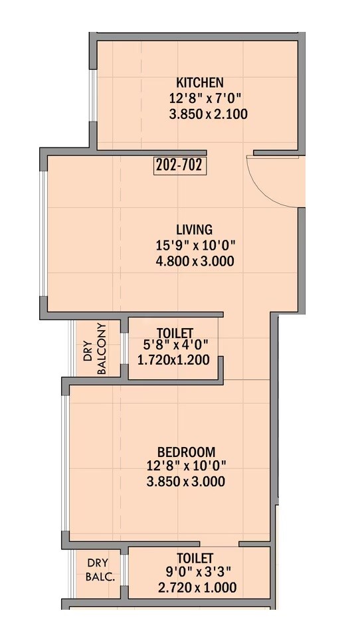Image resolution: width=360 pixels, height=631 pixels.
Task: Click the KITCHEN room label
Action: point(199,83)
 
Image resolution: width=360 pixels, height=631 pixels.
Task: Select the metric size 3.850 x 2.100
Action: point(209,114)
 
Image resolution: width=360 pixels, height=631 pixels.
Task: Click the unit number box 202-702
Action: point(179,165)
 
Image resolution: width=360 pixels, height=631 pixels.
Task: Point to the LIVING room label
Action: point(194,230)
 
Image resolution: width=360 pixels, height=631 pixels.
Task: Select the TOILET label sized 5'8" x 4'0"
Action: point(175,332)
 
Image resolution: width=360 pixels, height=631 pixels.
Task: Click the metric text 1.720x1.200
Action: point(173,360)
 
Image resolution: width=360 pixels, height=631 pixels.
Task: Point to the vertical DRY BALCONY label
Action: point(96,349)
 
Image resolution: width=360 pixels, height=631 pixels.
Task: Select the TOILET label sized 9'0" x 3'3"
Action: point(195,558)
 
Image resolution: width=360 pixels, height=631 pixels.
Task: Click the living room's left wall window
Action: point(43,234)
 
